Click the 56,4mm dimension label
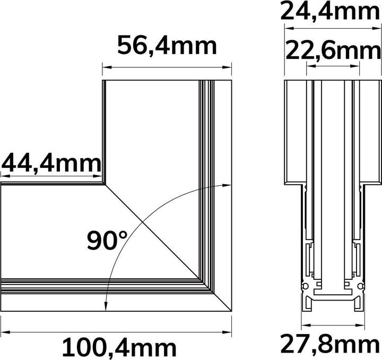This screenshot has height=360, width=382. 167,46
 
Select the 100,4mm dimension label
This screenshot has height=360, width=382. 119,348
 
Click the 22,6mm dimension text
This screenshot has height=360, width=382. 333,52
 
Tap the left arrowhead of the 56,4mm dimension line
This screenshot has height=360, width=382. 105,67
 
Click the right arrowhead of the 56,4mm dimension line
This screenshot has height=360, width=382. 229,67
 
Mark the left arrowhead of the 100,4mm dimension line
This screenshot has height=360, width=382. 3,332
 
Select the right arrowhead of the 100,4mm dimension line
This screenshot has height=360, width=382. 229,332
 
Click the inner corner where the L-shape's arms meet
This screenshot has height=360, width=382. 103,184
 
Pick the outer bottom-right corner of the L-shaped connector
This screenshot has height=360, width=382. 232,310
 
